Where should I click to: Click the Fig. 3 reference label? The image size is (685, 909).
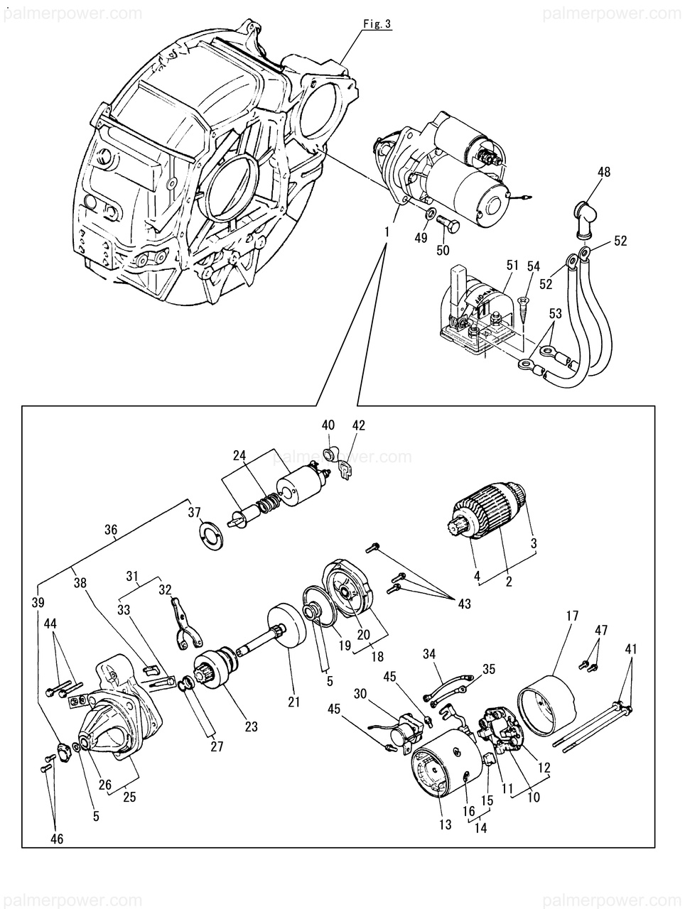pos(377,24)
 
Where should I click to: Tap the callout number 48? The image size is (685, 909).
pos(604,171)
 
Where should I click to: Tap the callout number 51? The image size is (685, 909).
pos(512,266)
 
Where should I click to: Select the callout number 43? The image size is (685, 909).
pos(464,604)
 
